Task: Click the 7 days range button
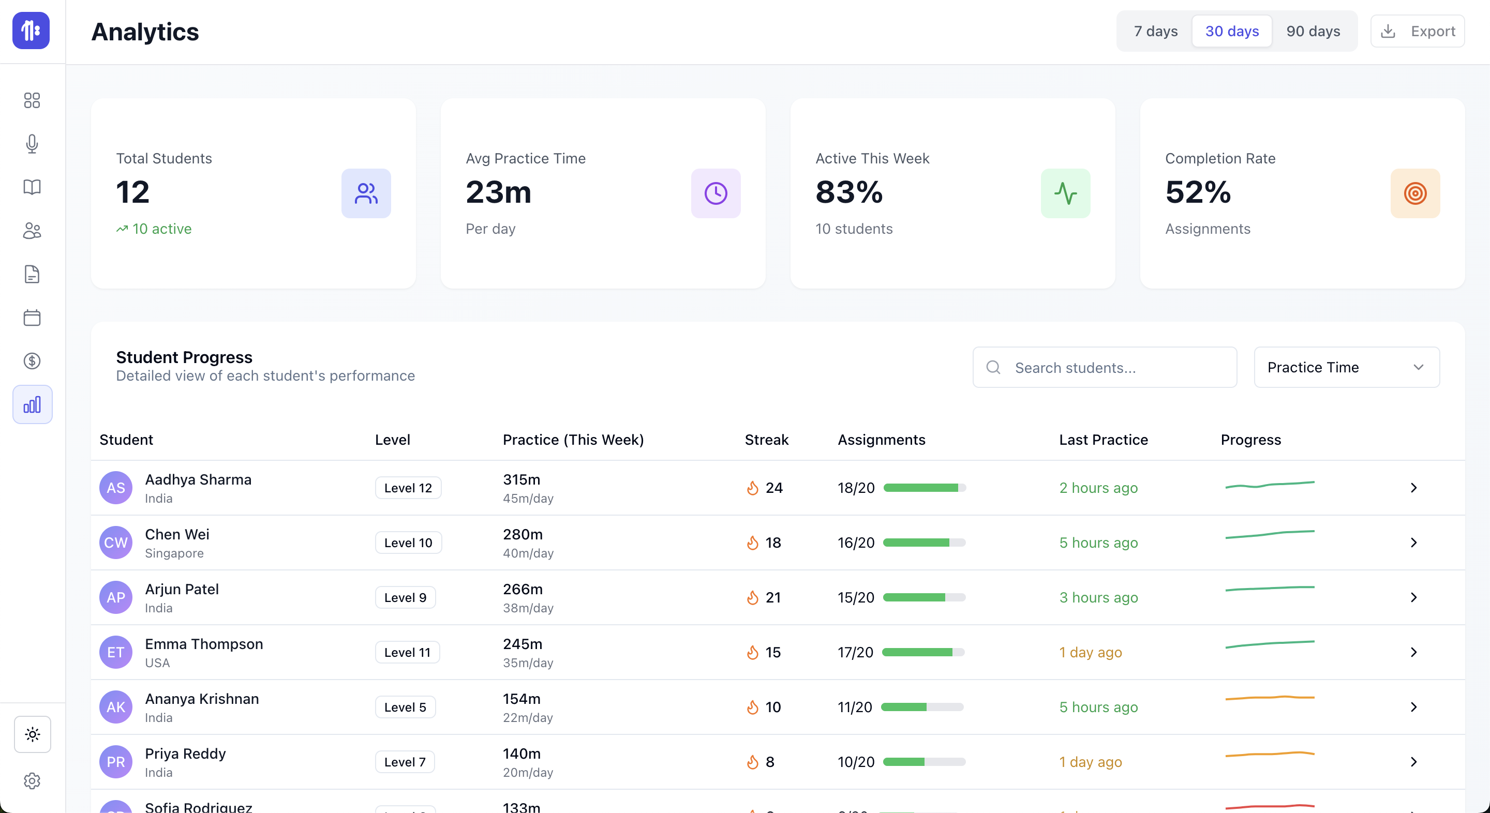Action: [x=1155, y=31]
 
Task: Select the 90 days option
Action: [x=1313, y=31]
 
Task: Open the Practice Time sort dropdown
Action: [x=1346, y=368]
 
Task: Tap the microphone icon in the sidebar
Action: [x=32, y=144]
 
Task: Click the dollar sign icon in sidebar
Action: [x=32, y=362]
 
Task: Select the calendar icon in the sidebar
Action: [x=32, y=318]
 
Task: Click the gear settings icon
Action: [x=32, y=781]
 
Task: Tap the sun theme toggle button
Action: [x=33, y=734]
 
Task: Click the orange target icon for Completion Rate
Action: [x=1415, y=194]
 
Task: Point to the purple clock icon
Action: [x=716, y=194]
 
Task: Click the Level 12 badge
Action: [x=408, y=488]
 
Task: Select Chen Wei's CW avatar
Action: [x=116, y=543]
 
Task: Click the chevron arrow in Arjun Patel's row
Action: [x=1413, y=597]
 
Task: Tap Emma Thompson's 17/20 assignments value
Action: [x=855, y=652]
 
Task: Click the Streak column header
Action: [x=766, y=440]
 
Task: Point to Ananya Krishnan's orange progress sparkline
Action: [x=1270, y=698]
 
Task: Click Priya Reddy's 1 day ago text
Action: [x=1090, y=762]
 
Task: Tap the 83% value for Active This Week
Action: [x=848, y=192]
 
